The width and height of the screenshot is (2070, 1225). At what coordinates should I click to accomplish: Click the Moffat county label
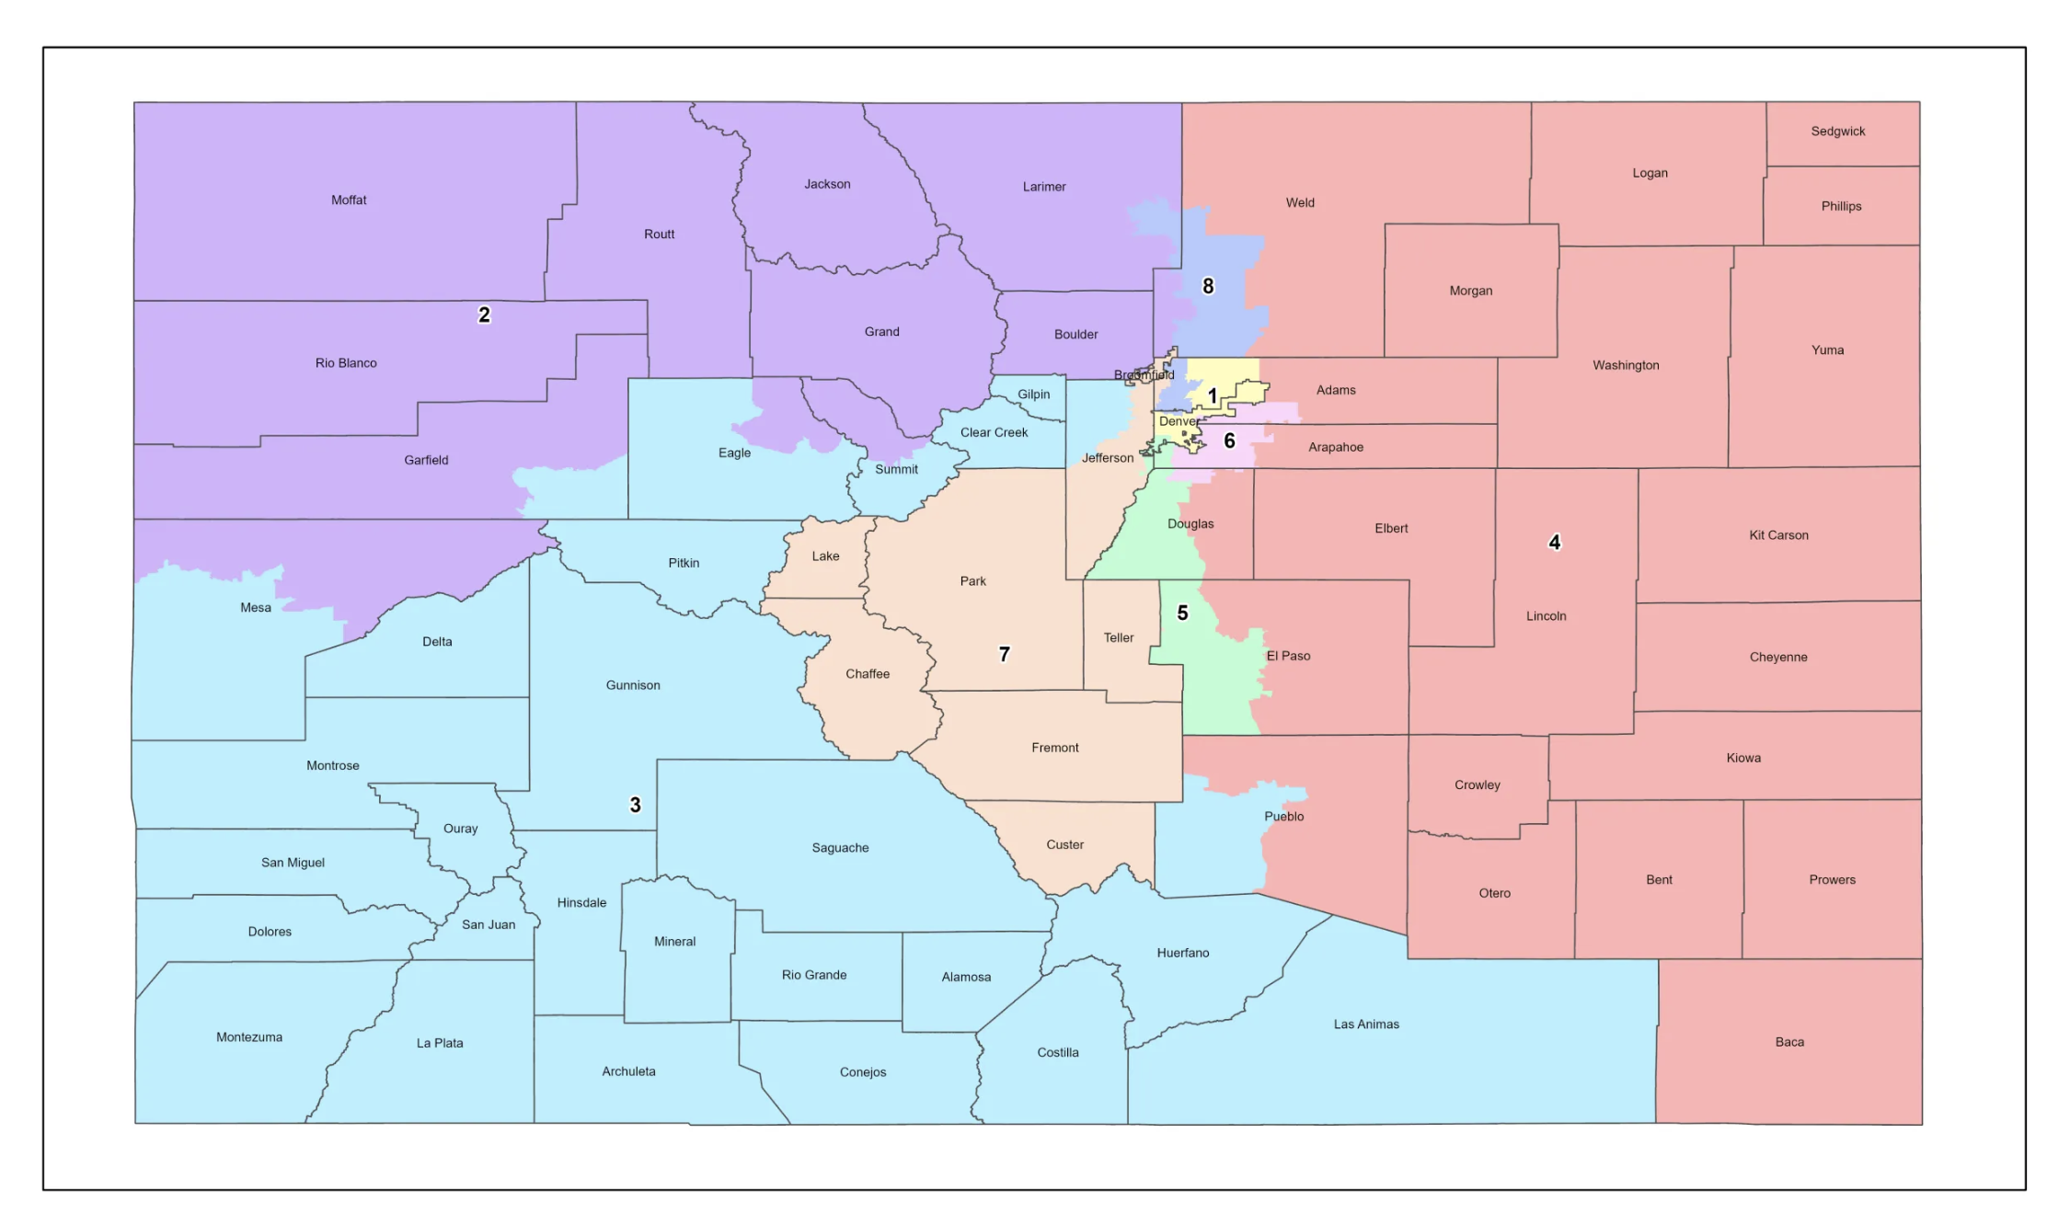tap(349, 200)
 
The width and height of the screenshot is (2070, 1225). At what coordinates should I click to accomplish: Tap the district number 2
tap(484, 315)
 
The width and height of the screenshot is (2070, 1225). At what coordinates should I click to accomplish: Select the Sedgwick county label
tap(1837, 132)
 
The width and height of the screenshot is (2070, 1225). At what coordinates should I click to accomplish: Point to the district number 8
tap(1208, 286)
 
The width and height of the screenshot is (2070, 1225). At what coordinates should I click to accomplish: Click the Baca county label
tap(1788, 1042)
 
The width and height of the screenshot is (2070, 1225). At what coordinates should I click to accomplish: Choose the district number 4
tap(1554, 542)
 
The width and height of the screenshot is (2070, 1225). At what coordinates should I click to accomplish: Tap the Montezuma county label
tap(249, 1037)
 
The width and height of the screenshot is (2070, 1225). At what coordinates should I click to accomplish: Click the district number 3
tap(635, 805)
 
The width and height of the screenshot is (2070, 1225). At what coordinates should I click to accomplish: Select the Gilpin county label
tap(1033, 395)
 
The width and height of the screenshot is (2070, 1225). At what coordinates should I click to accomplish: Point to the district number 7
tap(1004, 654)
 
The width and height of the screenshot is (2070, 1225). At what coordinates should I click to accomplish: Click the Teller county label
tap(1118, 637)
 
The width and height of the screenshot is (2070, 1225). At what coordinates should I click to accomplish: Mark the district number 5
tap(1182, 612)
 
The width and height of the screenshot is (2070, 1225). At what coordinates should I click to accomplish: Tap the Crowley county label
tap(1477, 784)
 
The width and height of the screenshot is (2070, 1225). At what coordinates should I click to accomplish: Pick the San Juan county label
tap(488, 924)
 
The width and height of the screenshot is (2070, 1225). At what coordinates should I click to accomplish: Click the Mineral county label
tap(674, 942)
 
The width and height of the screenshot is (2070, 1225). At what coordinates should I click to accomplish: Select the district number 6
tap(1229, 441)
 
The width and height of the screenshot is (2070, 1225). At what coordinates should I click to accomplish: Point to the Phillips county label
tap(1840, 206)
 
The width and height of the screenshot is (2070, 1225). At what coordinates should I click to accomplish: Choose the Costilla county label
tap(1057, 1052)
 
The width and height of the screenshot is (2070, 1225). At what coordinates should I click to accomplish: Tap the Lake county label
tap(825, 556)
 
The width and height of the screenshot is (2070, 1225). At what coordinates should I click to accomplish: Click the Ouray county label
tap(460, 829)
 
